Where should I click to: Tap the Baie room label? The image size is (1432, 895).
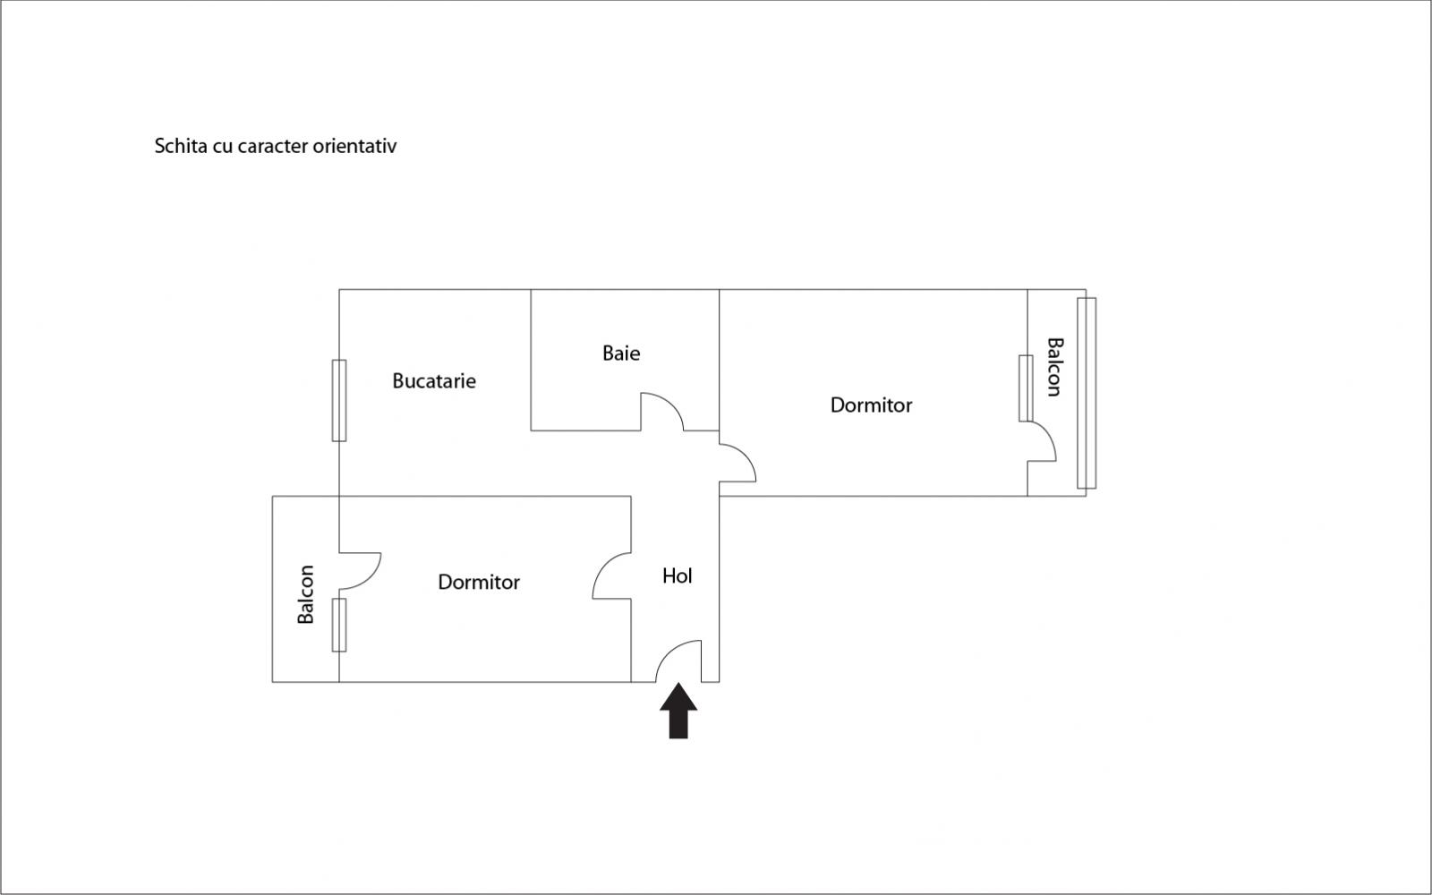pyautogui.click(x=621, y=354)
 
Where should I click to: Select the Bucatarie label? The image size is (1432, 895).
pyautogui.click(x=434, y=381)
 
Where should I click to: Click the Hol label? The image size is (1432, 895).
pyautogui.click(x=678, y=576)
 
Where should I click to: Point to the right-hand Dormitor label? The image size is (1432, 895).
pyautogui.click(x=871, y=405)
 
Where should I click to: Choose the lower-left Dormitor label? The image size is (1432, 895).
pyautogui.click(x=479, y=583)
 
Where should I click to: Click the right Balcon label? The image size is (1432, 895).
pyautogui.click(x=1055, y=367)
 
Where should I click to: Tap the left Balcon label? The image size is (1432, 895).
pyautogui.click(x=306, y=594)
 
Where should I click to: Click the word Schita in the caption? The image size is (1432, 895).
pyautogui.click(x=182, y=146)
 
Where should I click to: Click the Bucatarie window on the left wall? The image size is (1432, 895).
pyautogui.click(x=339, y=400)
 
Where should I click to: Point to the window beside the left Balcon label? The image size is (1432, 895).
pyautogui.click(x=339, y=625)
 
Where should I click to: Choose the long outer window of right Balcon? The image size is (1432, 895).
pyautogui.click(x=1086, y=393)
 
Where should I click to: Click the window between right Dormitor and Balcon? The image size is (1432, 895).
pyautogui.click(x=1026, y=388)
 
